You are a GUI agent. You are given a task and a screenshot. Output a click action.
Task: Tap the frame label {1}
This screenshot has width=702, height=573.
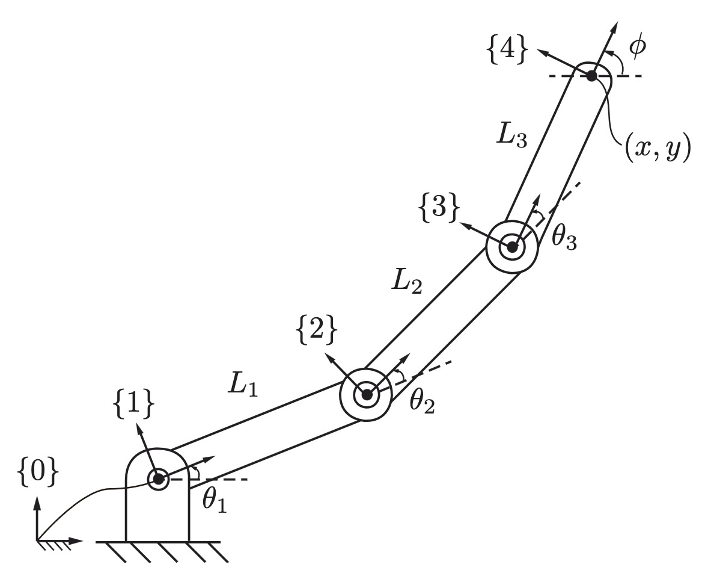coord(134,406)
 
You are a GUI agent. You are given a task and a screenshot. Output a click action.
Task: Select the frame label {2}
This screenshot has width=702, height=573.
coord(316,331)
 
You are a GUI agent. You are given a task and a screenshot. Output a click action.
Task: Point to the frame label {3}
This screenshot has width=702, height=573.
coord(439,208)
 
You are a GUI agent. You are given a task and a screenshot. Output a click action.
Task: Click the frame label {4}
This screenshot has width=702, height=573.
coord(506,50)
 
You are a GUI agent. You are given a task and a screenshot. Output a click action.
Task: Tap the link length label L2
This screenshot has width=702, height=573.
coord(406,282)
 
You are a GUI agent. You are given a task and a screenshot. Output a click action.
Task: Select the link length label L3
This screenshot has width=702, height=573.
coord(511,134)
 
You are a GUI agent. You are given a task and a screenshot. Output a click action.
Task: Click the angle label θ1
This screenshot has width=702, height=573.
coord(214,500)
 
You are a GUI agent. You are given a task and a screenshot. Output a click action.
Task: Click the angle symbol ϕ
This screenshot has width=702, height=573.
coord(637,46)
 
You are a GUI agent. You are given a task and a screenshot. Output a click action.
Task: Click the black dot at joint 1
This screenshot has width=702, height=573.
coord(157,479)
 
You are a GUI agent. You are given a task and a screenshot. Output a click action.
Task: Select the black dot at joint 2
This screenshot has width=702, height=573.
coord(367,395)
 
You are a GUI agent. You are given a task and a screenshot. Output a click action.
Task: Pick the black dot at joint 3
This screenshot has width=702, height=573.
coord(513,246)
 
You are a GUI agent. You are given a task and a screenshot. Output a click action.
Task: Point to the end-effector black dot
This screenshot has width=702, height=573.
coord(591,76)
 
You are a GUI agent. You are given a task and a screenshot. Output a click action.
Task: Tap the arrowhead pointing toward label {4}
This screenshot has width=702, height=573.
coord(543,53)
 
